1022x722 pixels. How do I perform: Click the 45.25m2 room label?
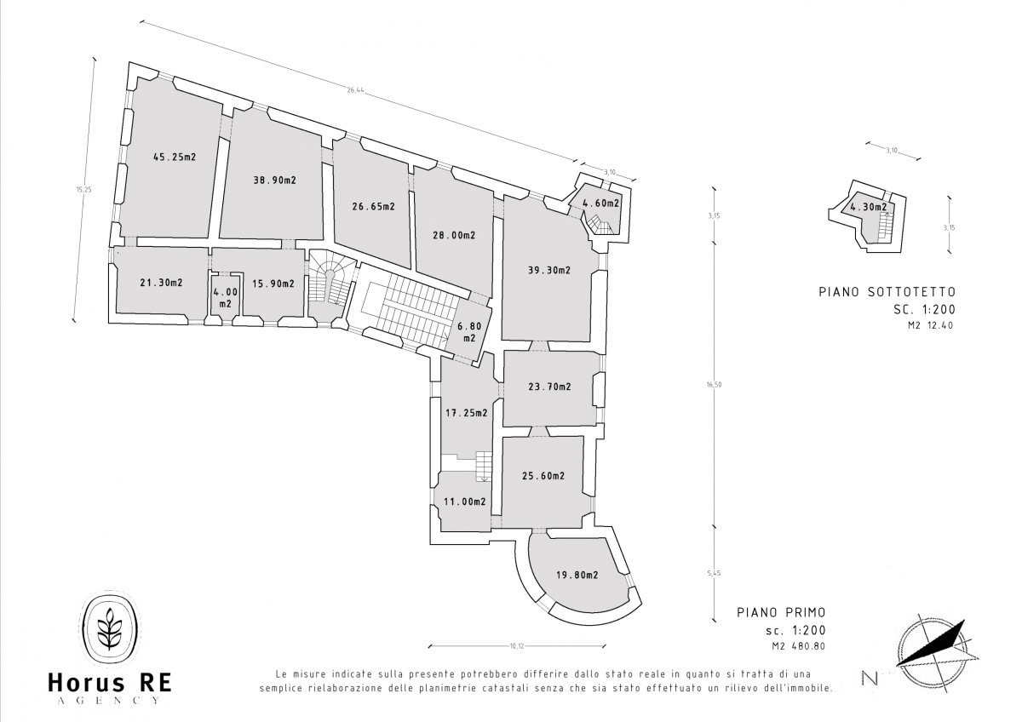175,157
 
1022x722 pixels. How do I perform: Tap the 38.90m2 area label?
274,180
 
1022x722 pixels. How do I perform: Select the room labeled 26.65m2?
373,207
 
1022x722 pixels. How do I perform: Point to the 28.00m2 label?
454,235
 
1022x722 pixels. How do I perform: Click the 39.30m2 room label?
549,270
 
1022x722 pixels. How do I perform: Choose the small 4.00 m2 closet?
226,297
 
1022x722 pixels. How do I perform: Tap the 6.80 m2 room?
469,332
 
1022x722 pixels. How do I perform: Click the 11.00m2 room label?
465,501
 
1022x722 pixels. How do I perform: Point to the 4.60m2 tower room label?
601,203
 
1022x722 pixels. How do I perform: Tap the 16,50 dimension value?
715,385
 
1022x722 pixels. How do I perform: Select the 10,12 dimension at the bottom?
517,646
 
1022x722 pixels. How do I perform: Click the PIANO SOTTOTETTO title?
887,291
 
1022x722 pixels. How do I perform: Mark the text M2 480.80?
799,646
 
